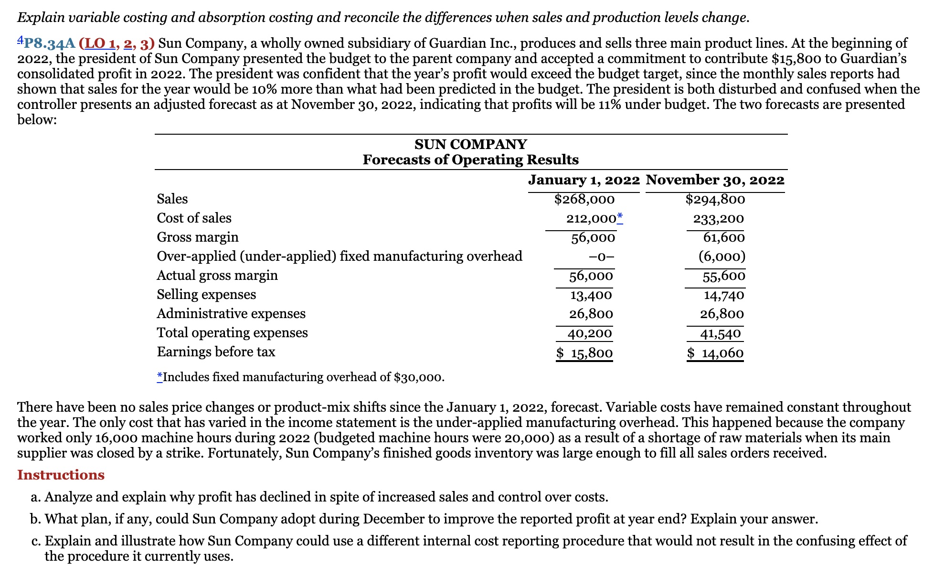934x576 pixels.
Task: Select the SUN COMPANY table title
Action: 470,144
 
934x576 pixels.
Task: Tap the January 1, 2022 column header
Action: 584,180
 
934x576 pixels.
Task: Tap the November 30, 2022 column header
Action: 715,180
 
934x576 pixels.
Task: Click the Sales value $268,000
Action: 584,199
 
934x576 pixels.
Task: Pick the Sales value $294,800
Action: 715,199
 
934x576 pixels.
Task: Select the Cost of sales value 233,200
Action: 718,219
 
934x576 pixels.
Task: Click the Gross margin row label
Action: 198,237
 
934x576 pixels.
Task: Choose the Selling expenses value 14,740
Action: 723,295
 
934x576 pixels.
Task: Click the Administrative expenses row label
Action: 231,314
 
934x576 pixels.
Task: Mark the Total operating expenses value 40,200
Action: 589,333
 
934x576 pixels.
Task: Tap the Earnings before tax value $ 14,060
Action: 715,353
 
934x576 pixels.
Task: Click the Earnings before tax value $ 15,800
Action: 584,353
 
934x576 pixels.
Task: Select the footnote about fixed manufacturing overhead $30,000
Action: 301,377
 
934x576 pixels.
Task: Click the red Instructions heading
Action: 61,475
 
